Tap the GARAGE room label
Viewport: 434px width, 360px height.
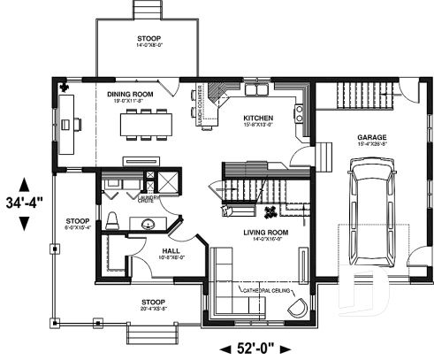371,137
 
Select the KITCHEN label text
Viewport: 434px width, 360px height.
258,117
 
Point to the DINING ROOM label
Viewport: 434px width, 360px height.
130,93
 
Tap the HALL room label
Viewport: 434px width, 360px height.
173,252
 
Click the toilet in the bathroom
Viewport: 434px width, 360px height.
113,221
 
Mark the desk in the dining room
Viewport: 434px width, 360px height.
70,125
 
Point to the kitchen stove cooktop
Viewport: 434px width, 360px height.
300,112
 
